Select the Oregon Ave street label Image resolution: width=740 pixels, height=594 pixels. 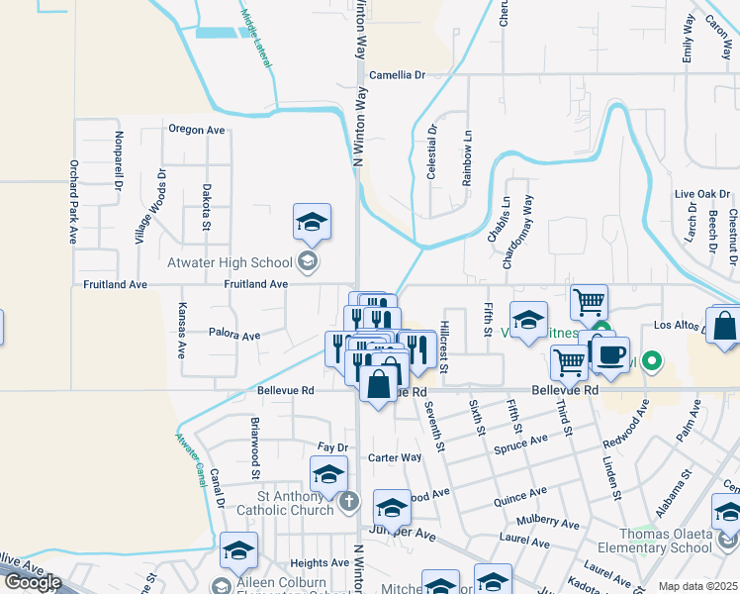point(196,130)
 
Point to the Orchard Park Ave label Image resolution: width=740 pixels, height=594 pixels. point(73,202)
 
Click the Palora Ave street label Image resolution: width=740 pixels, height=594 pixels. point(234,336)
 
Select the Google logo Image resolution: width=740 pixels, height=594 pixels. point(32,582)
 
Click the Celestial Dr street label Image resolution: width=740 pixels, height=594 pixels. point(431,151)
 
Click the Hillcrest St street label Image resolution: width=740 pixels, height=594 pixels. point(445,346)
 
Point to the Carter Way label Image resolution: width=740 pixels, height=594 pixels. point(395,457)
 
